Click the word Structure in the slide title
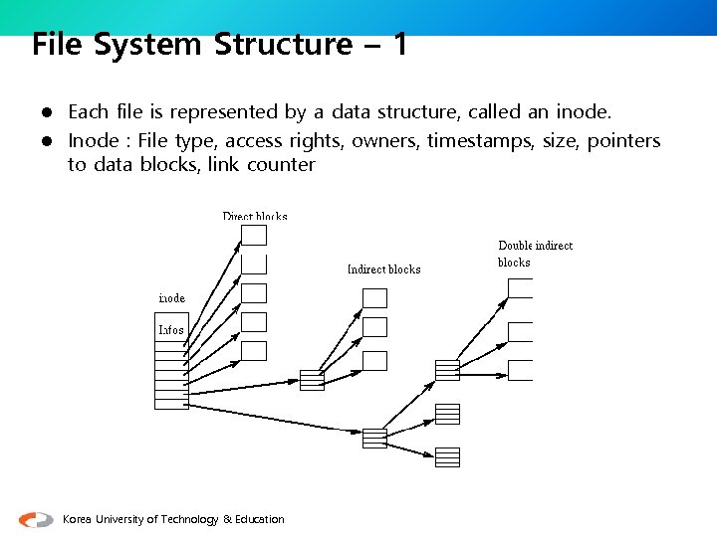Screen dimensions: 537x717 283,45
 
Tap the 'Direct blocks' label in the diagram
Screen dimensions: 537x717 255,217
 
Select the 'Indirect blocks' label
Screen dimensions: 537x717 383,269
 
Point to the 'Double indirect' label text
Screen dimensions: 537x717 535,246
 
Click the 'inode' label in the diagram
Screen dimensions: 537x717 172,298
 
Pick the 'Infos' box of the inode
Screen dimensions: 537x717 171,329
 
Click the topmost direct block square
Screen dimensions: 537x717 255,235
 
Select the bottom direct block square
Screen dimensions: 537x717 255,350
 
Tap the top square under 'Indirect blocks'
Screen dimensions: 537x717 374,297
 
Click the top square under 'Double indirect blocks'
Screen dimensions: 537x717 520,287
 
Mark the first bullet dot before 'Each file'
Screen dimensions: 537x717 46,112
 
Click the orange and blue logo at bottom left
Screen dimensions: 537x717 36,519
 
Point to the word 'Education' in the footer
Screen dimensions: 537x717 260,519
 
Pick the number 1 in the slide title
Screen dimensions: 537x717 399,45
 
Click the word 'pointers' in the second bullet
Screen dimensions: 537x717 623,141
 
